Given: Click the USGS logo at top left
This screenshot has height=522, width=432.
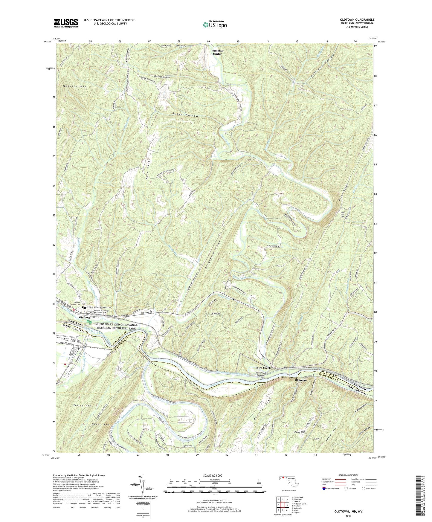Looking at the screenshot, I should tap(65, 23).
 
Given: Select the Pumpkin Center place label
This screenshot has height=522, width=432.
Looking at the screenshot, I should tap(217, 52).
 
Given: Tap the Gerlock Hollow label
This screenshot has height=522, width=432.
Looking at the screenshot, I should tap(160, 77).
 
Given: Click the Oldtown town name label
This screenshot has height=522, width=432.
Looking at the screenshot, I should tap(85, 318).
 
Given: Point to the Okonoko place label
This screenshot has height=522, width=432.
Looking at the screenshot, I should tap(301, 380).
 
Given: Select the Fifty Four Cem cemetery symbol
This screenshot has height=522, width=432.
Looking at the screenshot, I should tap(339, 211).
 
